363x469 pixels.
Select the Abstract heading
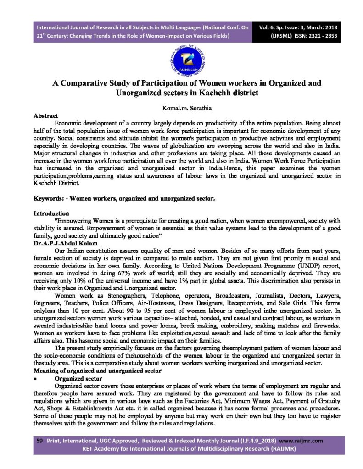click(x=45, y=116)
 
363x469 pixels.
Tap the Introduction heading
click(x=51, y=213)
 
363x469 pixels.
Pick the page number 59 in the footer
click(x=39, y=441)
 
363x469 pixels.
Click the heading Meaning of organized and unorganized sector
click(x=97, y=371)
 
